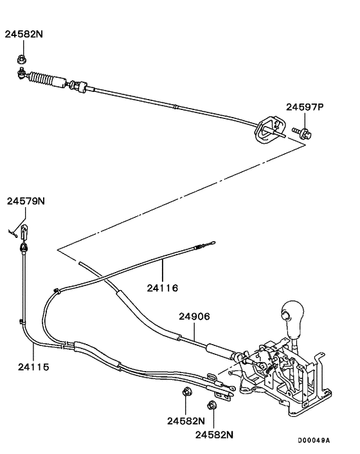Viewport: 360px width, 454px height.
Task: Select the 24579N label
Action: (x=26, y=201)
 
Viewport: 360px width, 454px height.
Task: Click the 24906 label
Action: (x=194, y=316)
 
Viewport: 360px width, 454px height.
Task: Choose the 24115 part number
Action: (x=32, y=368)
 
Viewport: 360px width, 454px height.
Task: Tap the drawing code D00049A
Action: (x=313, y=440)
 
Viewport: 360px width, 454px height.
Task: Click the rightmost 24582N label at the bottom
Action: (x=213, y=435)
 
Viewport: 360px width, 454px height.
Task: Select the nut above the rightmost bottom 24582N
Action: (x=212, y=405)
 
